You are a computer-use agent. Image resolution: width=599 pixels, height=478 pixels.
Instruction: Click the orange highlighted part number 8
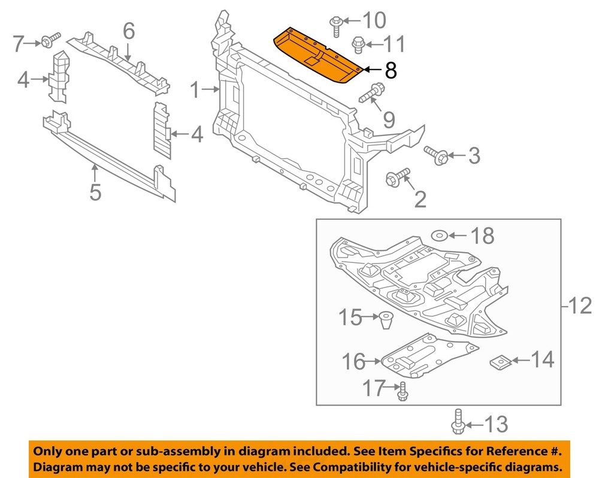317,57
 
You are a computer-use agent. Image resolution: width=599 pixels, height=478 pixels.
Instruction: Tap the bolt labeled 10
335,24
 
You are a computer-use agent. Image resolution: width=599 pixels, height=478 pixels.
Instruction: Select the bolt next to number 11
358,43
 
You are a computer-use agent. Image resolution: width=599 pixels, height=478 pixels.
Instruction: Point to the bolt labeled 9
371,93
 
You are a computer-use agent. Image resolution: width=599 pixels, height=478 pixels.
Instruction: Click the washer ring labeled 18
439,235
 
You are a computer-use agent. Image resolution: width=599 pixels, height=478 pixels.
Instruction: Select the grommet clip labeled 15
385,320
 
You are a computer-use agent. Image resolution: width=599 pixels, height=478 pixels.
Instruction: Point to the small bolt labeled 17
403,391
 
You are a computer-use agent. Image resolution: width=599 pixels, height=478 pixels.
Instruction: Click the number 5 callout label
95,192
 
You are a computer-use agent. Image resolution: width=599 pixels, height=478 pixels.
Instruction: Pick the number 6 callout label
129,31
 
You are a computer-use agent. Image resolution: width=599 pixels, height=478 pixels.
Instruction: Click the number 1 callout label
195,91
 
